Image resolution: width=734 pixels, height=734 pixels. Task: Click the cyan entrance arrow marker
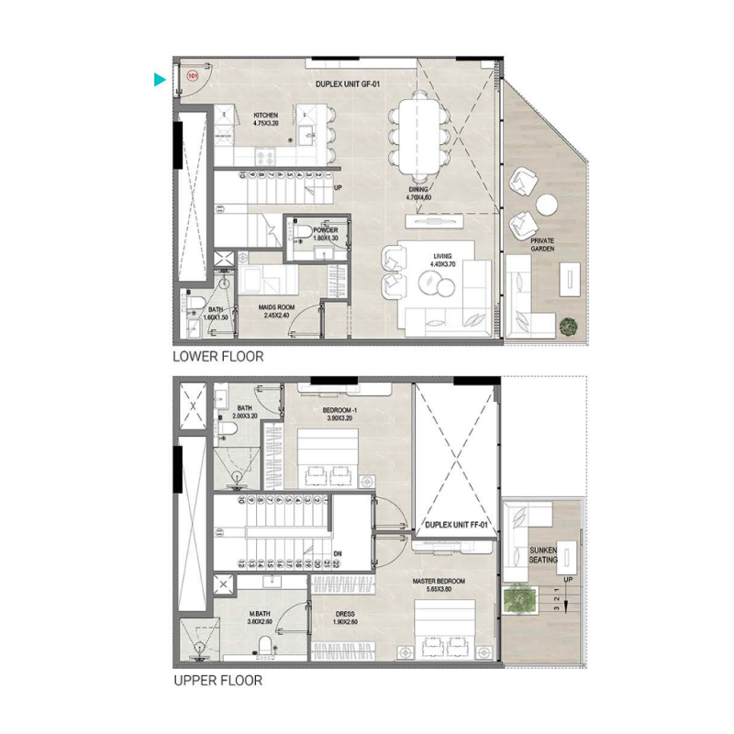pos(161,81)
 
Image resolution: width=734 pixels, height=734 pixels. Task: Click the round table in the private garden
pos(549,204)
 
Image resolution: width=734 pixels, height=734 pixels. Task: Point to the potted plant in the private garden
pos(570,324)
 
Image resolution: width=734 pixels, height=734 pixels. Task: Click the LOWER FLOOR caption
pos(218,357)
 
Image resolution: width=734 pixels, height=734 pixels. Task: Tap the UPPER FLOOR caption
pos(217,681)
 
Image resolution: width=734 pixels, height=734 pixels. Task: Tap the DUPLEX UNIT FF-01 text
pos(456,526)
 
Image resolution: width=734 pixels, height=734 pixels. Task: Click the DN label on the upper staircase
pos(337,552)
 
